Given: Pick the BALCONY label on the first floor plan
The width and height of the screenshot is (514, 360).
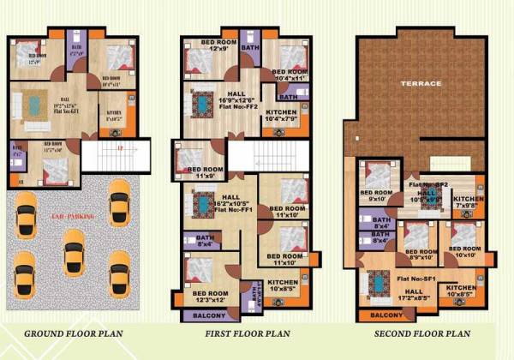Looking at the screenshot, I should point(200,315).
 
